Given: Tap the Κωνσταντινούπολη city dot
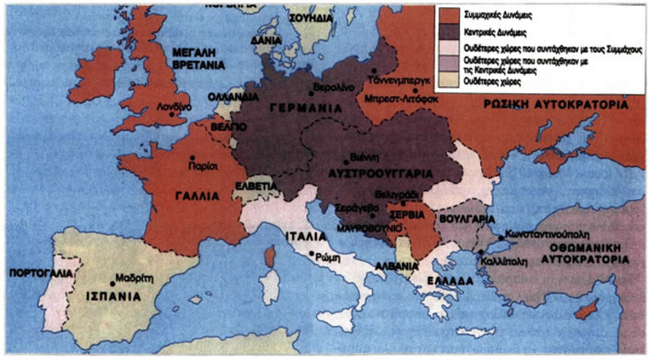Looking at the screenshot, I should click(500, 236).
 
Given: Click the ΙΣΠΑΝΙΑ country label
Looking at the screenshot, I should click(113, 296).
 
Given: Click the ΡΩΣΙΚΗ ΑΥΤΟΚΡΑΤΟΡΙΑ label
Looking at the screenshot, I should click(556, 105).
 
